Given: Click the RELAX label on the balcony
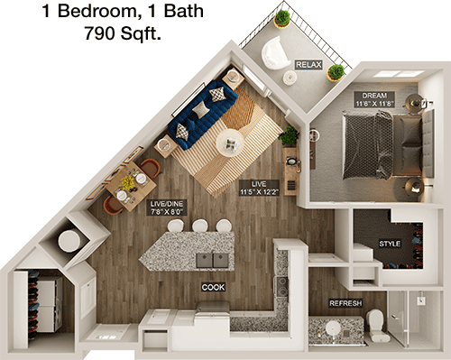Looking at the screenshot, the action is pos(308,65).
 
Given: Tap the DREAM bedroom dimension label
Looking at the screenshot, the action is pos(374,99).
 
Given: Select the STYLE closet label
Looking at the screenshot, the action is pos(390,244).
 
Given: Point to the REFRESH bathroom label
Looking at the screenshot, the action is pos(345,303).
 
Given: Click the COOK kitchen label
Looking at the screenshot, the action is pos(213,287).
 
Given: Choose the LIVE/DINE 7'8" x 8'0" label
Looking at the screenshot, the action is pos(167,208).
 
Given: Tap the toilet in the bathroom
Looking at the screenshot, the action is pos(375,325).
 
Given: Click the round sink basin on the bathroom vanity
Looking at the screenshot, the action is pos(333,328).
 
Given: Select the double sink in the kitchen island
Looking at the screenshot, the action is pos(212,260).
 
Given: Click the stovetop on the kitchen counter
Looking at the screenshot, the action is pos(281,287).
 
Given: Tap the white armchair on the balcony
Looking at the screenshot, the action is pos(274,53).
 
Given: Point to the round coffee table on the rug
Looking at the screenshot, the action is pos(230,143).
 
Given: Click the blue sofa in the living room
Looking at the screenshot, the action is pos(203,114).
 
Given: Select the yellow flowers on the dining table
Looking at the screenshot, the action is pos(128,182).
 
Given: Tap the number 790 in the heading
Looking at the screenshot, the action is pos(99,33).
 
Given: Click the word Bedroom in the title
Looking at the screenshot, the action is pos(97,12).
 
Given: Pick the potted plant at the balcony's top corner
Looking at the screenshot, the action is pos(282,19).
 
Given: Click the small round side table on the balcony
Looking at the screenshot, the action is pos(290,78).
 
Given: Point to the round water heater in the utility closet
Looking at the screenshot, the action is pos(69,240).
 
